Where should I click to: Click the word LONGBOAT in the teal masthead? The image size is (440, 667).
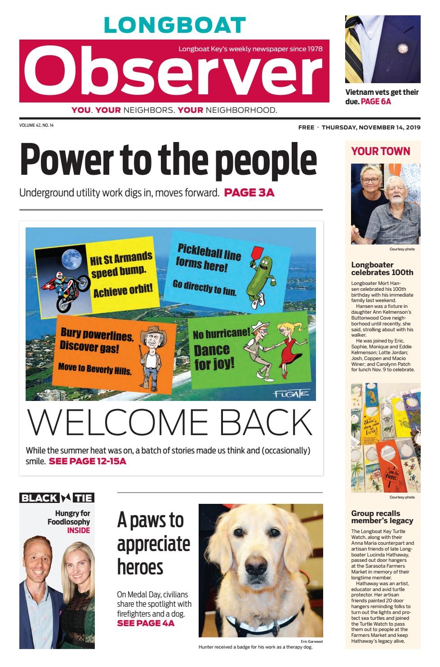pos(175,26)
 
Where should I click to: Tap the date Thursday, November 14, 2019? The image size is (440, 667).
pos(371,127)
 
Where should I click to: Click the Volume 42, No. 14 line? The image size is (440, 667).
pos(36,125)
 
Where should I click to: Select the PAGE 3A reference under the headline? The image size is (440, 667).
pos(249,193)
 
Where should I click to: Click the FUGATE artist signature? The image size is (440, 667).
pos(292,394)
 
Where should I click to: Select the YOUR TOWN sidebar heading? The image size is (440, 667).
pos(381,151)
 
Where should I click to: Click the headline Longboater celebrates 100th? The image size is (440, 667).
pos(382,268)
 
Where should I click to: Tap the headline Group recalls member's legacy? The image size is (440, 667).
pos(382,517)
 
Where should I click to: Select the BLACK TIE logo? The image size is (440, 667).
pos(57,498)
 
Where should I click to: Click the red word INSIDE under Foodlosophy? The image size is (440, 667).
pos(79,530)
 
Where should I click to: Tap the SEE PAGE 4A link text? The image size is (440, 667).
pos(146,623)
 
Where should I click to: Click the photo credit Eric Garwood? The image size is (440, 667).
pos(311,641)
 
